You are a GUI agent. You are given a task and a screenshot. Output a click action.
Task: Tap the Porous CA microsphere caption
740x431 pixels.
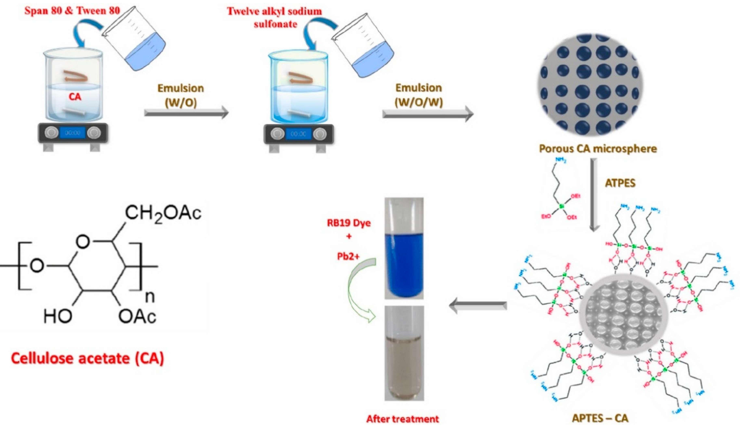598,149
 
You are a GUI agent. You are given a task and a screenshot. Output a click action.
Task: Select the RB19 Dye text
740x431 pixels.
349,223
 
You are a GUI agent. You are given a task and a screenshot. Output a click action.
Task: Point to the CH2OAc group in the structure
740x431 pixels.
163,213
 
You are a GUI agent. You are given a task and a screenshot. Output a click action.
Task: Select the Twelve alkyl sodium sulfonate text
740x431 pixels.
274,18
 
